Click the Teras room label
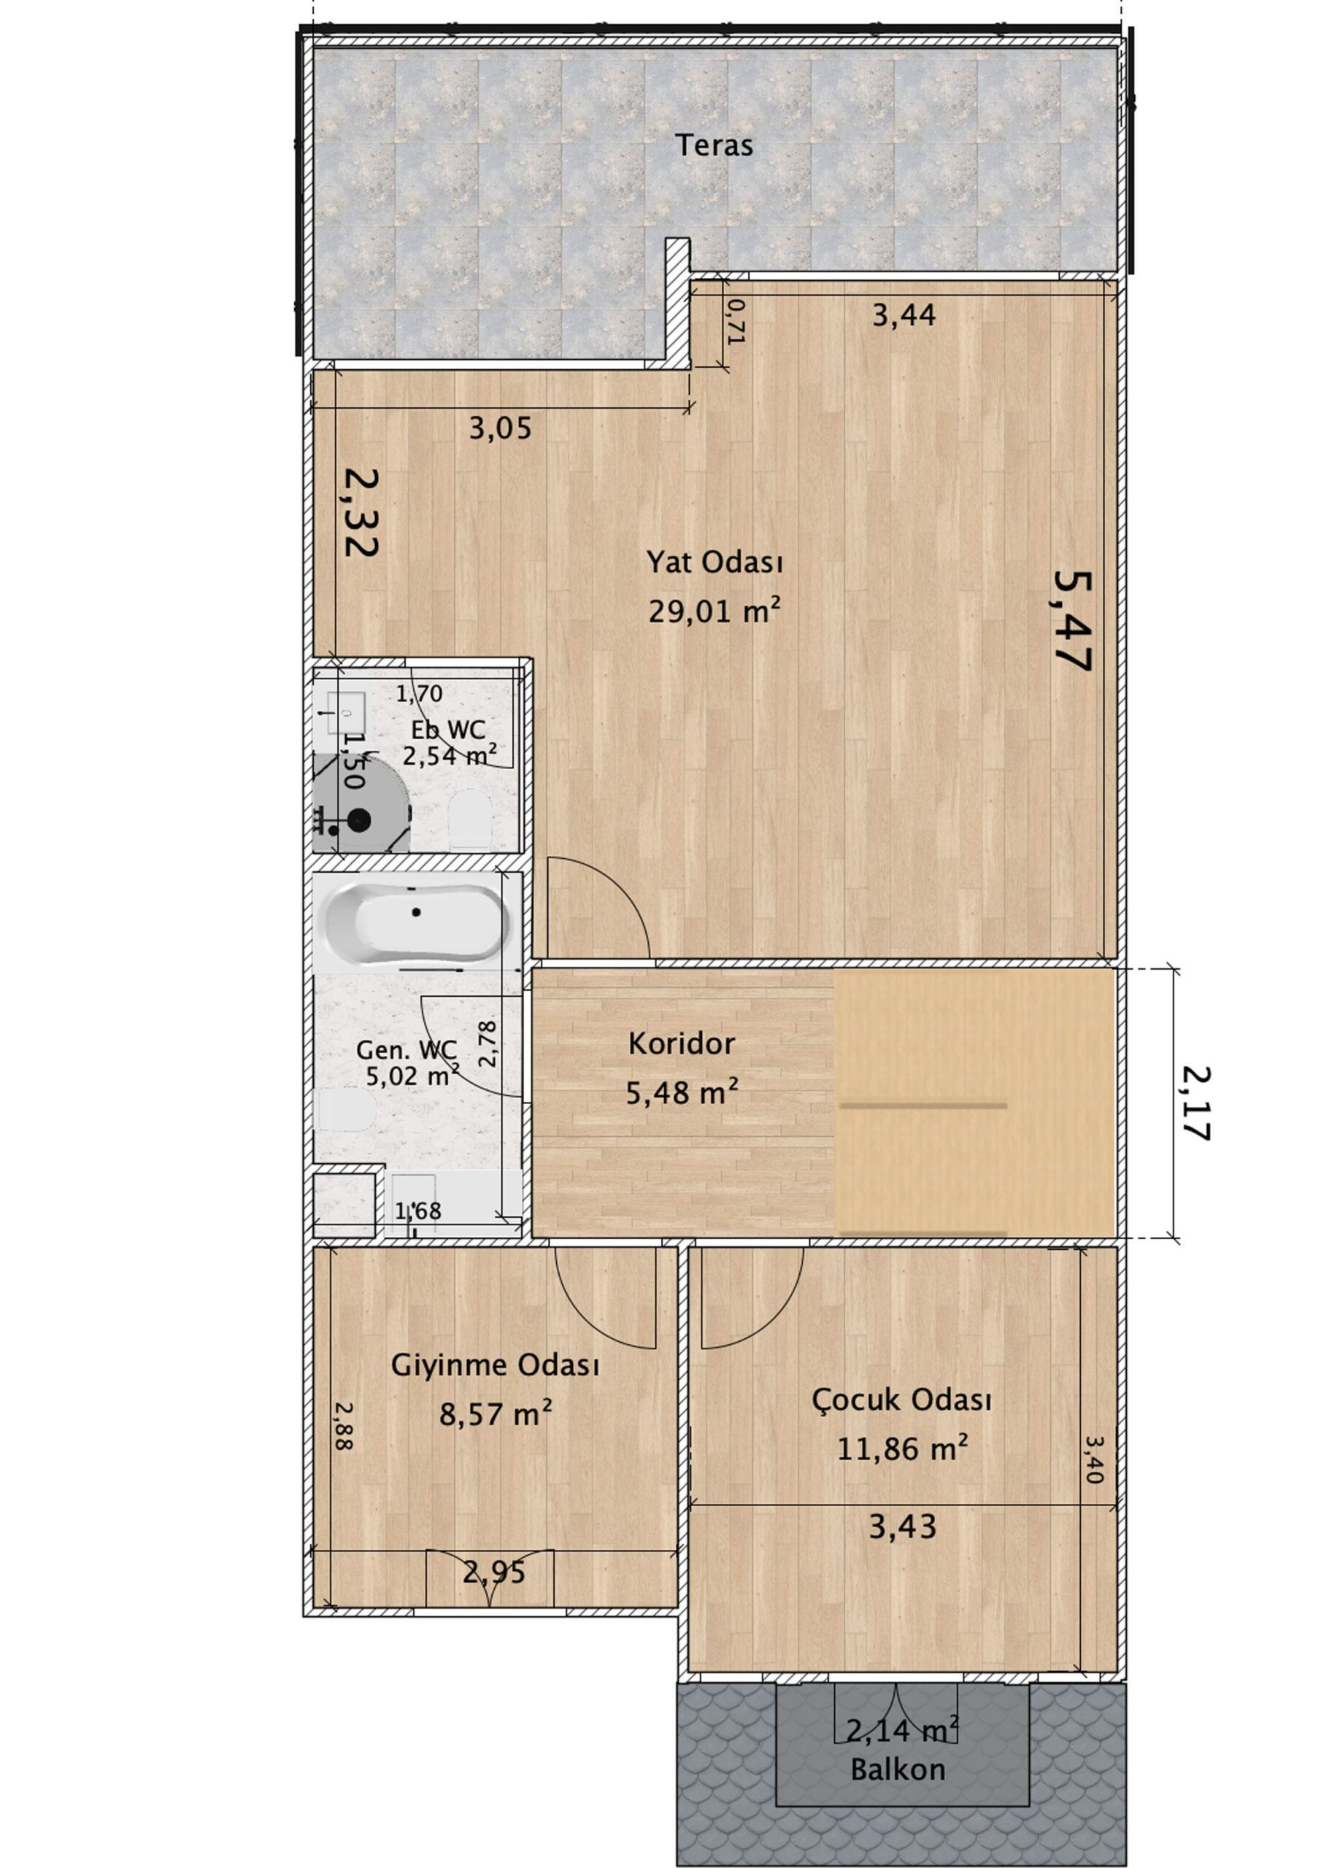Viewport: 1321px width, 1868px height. coord(714,146)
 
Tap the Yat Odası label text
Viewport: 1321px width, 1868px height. coord(715,561)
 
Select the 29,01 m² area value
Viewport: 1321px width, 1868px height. coord(715,610)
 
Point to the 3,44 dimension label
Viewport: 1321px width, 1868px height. coord(904,314)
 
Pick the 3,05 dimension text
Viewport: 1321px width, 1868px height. coord(500,428)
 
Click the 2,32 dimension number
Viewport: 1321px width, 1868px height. coord(360,511)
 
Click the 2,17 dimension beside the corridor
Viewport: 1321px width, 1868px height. coord(1194,1103)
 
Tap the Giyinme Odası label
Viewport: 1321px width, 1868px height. coord(495,1365)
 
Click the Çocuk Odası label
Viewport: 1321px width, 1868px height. coord(902,1400)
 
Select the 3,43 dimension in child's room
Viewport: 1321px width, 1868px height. coord(902,1527)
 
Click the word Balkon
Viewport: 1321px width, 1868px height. coord(898,1770)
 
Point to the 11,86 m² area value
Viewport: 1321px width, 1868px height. coord(903,1449)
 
